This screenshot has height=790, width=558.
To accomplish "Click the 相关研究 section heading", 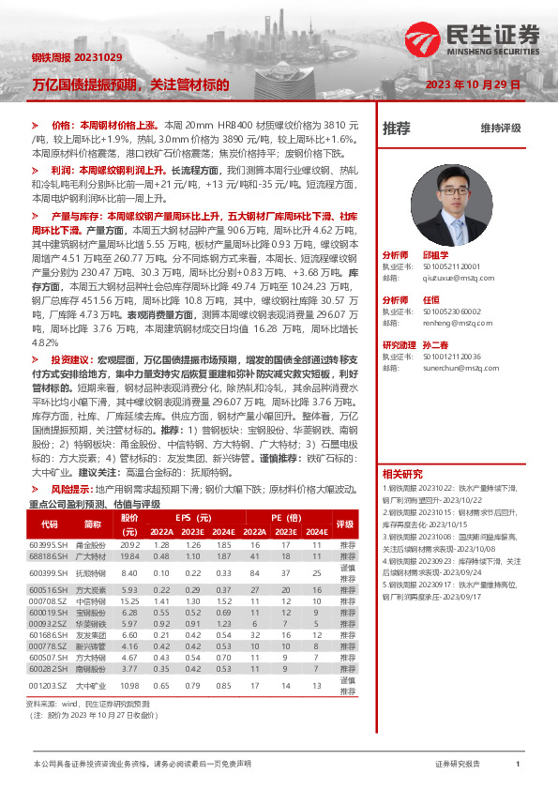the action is tap(402, 473).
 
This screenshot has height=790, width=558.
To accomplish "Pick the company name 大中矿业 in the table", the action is tap(91, 687).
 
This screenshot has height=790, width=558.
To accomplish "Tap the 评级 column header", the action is tap(346, 524).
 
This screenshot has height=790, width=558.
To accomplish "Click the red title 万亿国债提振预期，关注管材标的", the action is tap(131, 84).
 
